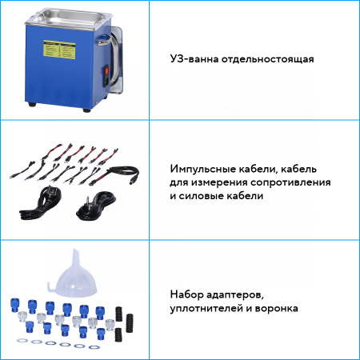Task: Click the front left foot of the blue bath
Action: coord(32,104)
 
